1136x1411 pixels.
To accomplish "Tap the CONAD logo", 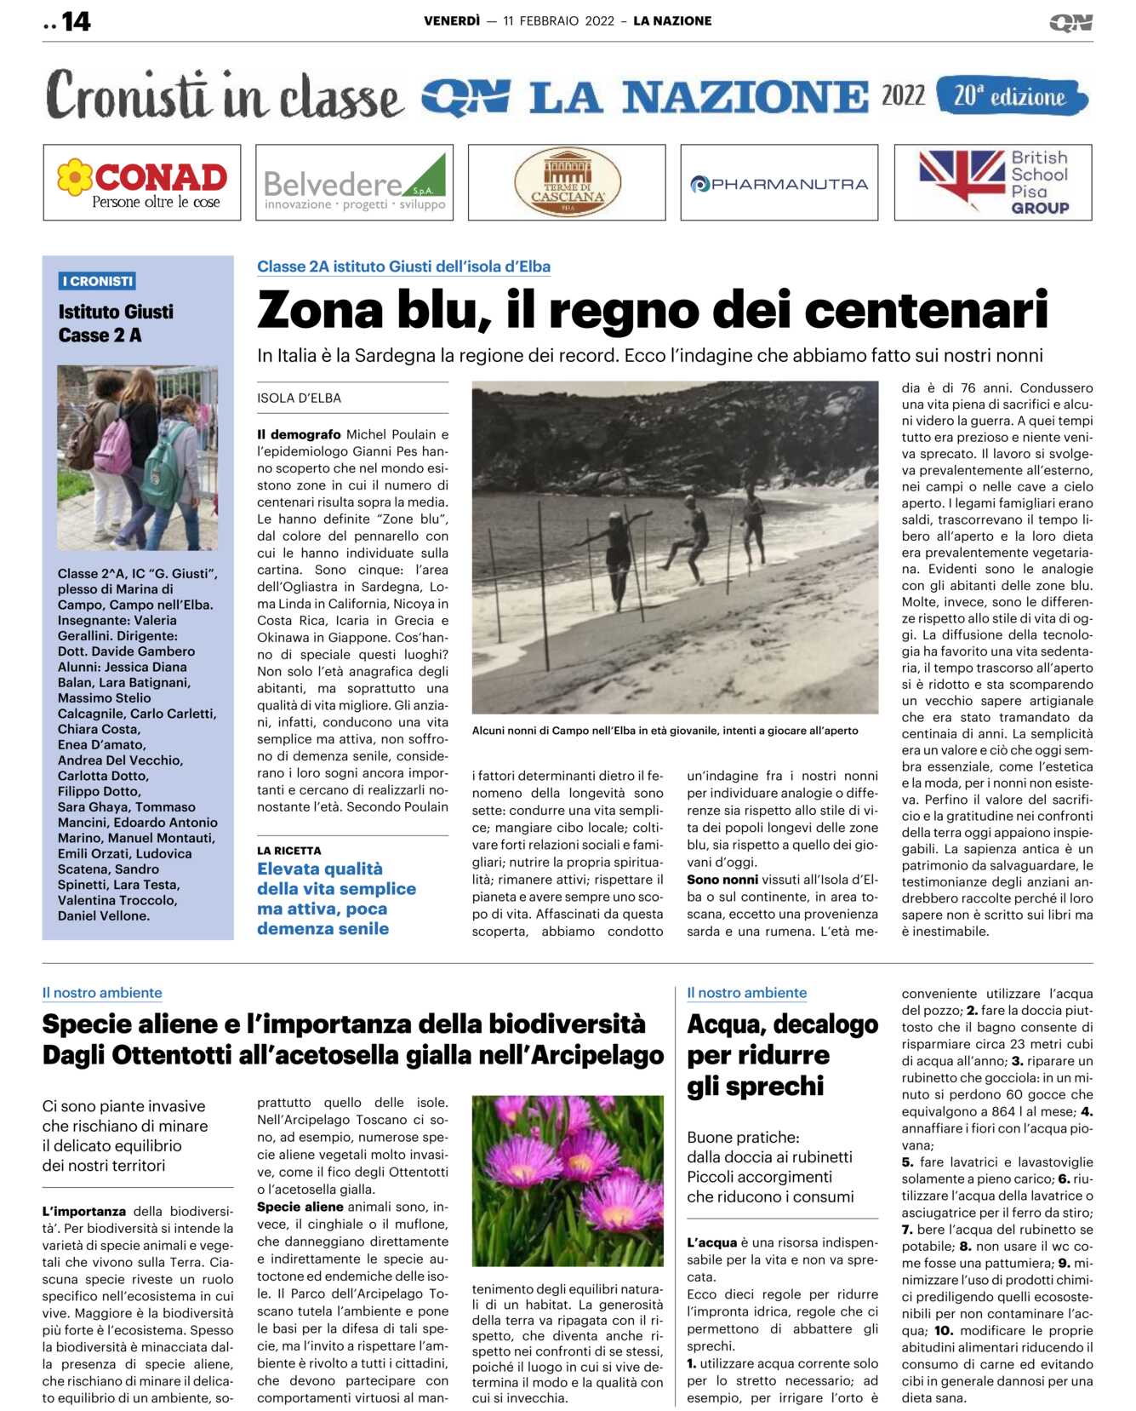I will tap(142, 182).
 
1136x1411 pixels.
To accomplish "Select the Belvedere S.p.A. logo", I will tap(354, 182).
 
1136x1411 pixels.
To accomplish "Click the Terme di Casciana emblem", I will tap(567, 182).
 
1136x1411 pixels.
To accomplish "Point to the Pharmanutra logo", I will tap(779, 183).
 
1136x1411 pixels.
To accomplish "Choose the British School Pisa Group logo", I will tap(993, 182).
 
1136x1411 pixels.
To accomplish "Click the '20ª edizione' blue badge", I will tap(1010, 96).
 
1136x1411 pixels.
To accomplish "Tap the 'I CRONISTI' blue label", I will tap(98, 281).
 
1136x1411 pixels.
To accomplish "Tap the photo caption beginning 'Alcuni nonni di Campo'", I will tap(665, 731).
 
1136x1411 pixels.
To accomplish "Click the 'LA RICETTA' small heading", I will tap(289, 851).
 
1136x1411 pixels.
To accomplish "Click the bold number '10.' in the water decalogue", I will tap(943, 1331).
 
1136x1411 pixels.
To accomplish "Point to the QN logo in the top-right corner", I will tap(1070, 22).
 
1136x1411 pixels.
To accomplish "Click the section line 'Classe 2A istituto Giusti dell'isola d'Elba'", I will tap(403, 267).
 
